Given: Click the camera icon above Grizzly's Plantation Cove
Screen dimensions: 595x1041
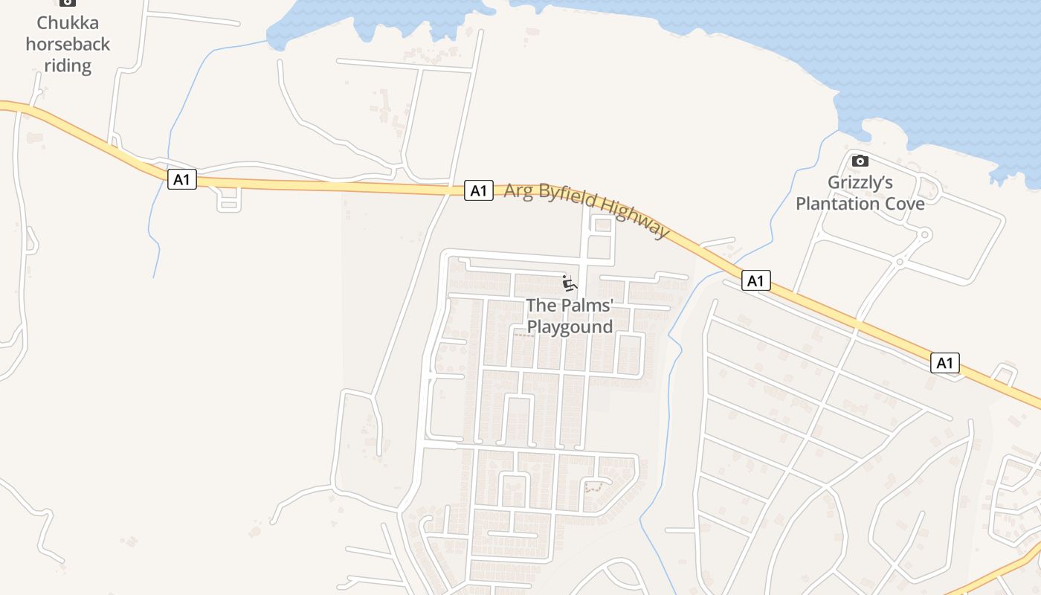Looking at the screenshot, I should click(x=860, y=161).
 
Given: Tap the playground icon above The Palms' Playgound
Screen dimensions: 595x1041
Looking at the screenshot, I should click(x=570, y=283).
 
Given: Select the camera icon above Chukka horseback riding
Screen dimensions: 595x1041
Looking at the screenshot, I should click(x=68, y=2).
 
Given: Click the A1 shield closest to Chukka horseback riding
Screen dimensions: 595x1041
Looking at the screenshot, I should click(x=182, y=179).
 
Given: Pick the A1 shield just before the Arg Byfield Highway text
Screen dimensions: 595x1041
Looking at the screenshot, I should click(x=479, y=190).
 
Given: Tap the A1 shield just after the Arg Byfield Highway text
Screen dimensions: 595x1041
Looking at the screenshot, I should click(x=755, y=280).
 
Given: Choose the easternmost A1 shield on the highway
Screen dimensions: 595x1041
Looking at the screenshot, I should click(x=944, y=363).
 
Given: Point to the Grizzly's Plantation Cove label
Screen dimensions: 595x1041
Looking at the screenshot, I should click(x=860, y=193).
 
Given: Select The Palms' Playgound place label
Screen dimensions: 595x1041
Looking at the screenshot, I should click(x=570, y=316).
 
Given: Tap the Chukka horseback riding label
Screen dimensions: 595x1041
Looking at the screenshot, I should click(x=68, y=44).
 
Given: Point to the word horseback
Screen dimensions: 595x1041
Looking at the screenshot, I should click(x=68, y=44).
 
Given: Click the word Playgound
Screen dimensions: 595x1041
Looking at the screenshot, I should click(x=570, y=327).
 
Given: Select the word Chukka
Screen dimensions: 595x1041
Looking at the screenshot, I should click(x=68, y=22).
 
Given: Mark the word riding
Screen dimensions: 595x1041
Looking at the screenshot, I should click(x=68, y=65).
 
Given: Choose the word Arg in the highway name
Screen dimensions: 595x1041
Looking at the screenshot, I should click(x=518, y=190).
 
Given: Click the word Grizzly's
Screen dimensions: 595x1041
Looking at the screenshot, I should click(x=860, y=183).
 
